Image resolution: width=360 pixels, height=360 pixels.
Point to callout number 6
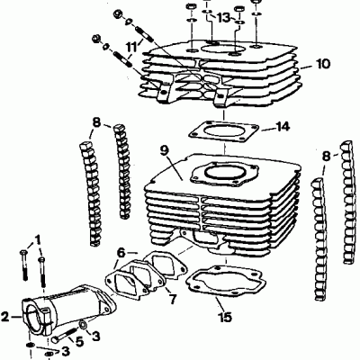[120, 254]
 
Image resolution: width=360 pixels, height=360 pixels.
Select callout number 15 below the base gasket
[224, 317]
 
